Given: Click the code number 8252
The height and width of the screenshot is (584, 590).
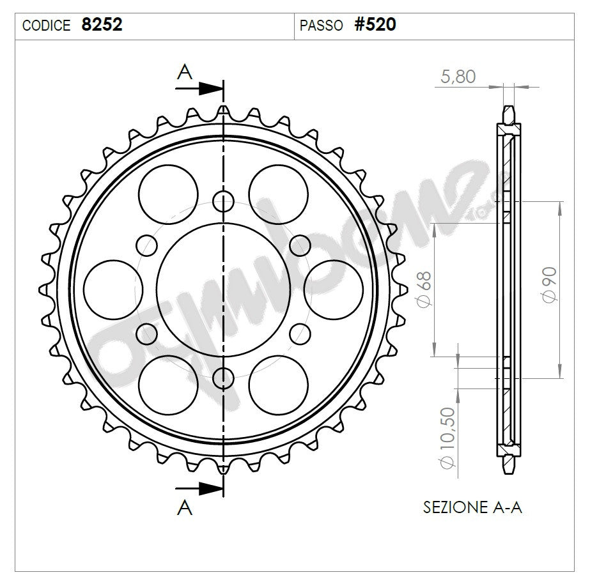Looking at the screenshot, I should (x=102, y=25).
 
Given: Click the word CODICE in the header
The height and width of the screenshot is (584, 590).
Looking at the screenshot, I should (x=46, y=26).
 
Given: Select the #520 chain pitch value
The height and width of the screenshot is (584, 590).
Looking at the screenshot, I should (x=375, y=25).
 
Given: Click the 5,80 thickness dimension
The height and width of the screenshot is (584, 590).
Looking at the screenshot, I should (x=458, y=77).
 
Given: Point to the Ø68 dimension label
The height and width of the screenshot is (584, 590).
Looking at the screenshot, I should (x=424, y=289).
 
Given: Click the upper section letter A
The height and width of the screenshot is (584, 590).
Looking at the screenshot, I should (x=185, y=73).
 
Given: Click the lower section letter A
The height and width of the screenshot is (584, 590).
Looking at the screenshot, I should (x=185, y=507).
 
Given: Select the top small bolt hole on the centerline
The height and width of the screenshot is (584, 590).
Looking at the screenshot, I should (x=223, y=201).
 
